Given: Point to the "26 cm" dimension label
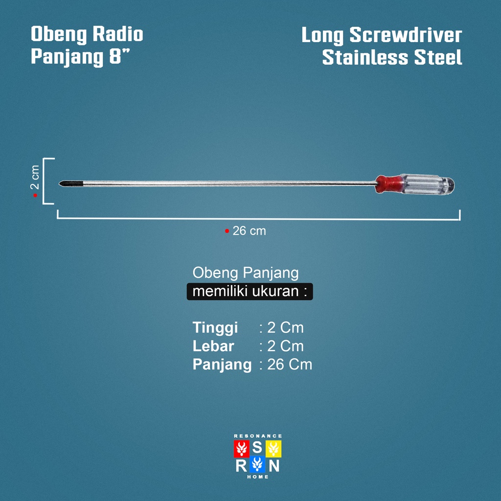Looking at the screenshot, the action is tap(249, 231).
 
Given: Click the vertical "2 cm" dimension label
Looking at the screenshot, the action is tap(35, 177).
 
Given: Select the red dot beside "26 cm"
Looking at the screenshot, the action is tap(227, 231).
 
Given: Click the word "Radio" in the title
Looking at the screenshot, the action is tap(117, 35).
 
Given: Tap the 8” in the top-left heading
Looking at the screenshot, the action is tap(121, 57).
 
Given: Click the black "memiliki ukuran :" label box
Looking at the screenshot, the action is tap(250, 292).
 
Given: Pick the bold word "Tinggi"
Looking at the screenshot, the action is tap(215, 327).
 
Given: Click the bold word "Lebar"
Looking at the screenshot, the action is tap(213, 346).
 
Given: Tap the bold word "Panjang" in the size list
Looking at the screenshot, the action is tap(222, 364).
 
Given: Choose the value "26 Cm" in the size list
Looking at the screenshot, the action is tap(290, 364).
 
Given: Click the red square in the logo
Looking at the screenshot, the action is tap(241, 449).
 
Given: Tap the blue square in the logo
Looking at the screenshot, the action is tap(257, 465).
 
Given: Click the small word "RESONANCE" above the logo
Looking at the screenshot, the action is tap(258, 435).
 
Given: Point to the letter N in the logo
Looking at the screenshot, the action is tap(274, 465).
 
